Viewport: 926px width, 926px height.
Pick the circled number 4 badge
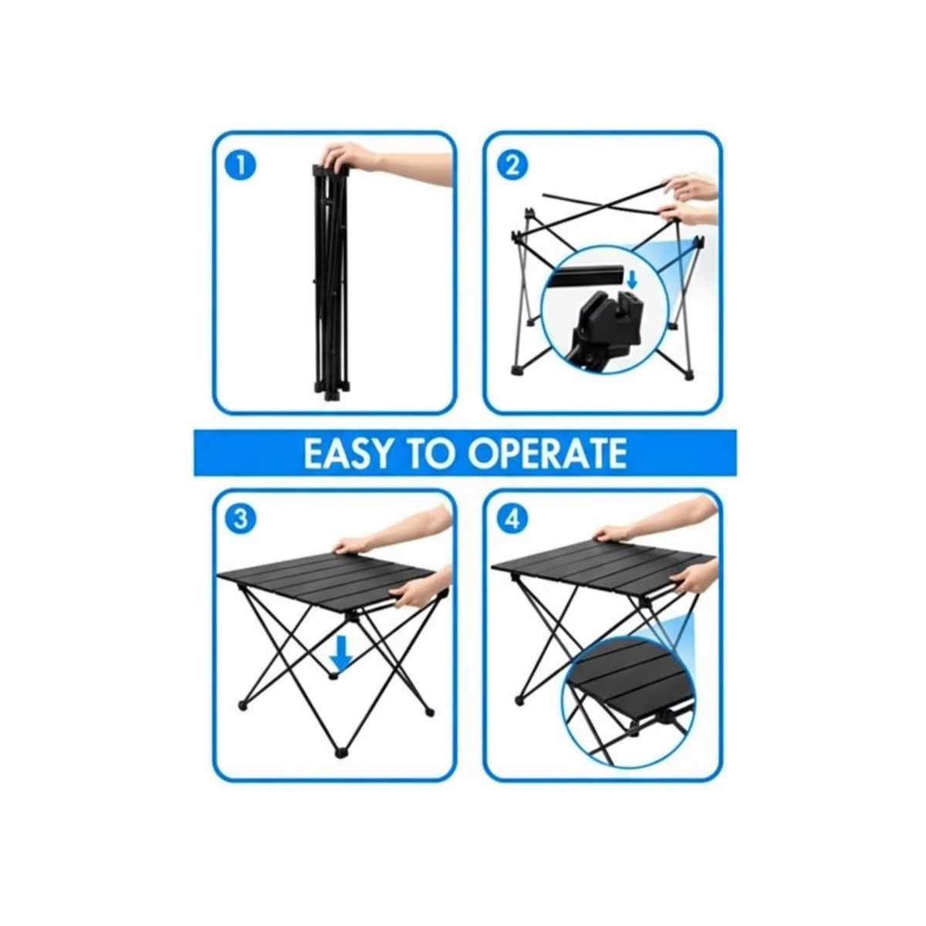[511, 519]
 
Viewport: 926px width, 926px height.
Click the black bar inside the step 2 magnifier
[590, 274]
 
